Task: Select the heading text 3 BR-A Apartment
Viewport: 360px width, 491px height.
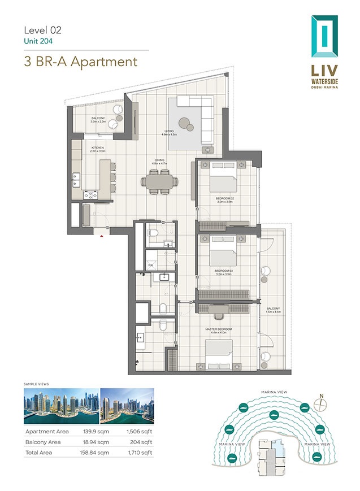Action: [x=81, y=61]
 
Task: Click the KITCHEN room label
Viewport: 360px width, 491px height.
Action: [x=98, y=148]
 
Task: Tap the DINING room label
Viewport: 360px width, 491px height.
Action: [x=159, y=160]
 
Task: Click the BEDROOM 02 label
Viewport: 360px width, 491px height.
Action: [x=225, y=198]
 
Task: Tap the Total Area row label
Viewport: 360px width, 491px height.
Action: [x=39, y=453]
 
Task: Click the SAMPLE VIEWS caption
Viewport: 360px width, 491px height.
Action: [x=36, y=384]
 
